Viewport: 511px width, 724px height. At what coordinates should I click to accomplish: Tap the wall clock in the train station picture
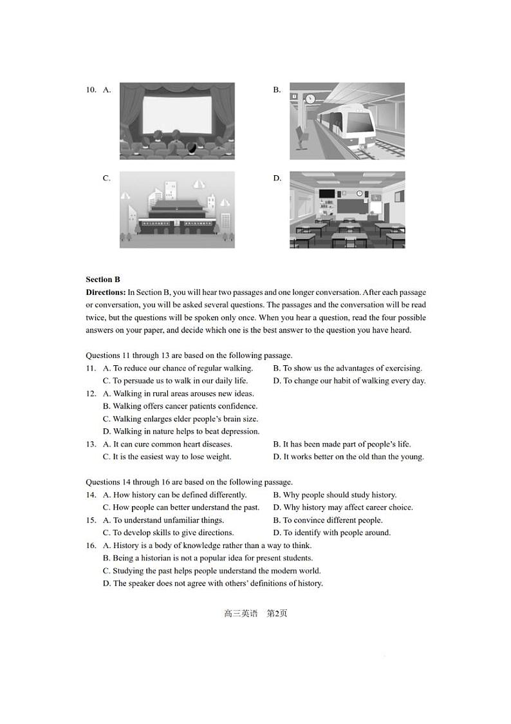pos(310,99)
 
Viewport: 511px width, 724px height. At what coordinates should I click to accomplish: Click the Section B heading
pos(103,280)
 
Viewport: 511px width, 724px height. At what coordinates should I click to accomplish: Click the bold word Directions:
pos(106,292)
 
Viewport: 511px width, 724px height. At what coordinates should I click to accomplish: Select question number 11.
pos(91,368)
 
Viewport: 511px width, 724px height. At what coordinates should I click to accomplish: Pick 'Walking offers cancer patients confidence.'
pos(180,406)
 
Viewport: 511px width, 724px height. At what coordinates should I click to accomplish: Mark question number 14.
pos(91,495)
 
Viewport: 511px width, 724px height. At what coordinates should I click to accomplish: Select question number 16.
pos(91,546)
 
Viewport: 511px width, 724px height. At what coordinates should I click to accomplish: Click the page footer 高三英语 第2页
pos(256,613)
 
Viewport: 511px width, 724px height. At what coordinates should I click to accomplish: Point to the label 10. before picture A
pos(91,90)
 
